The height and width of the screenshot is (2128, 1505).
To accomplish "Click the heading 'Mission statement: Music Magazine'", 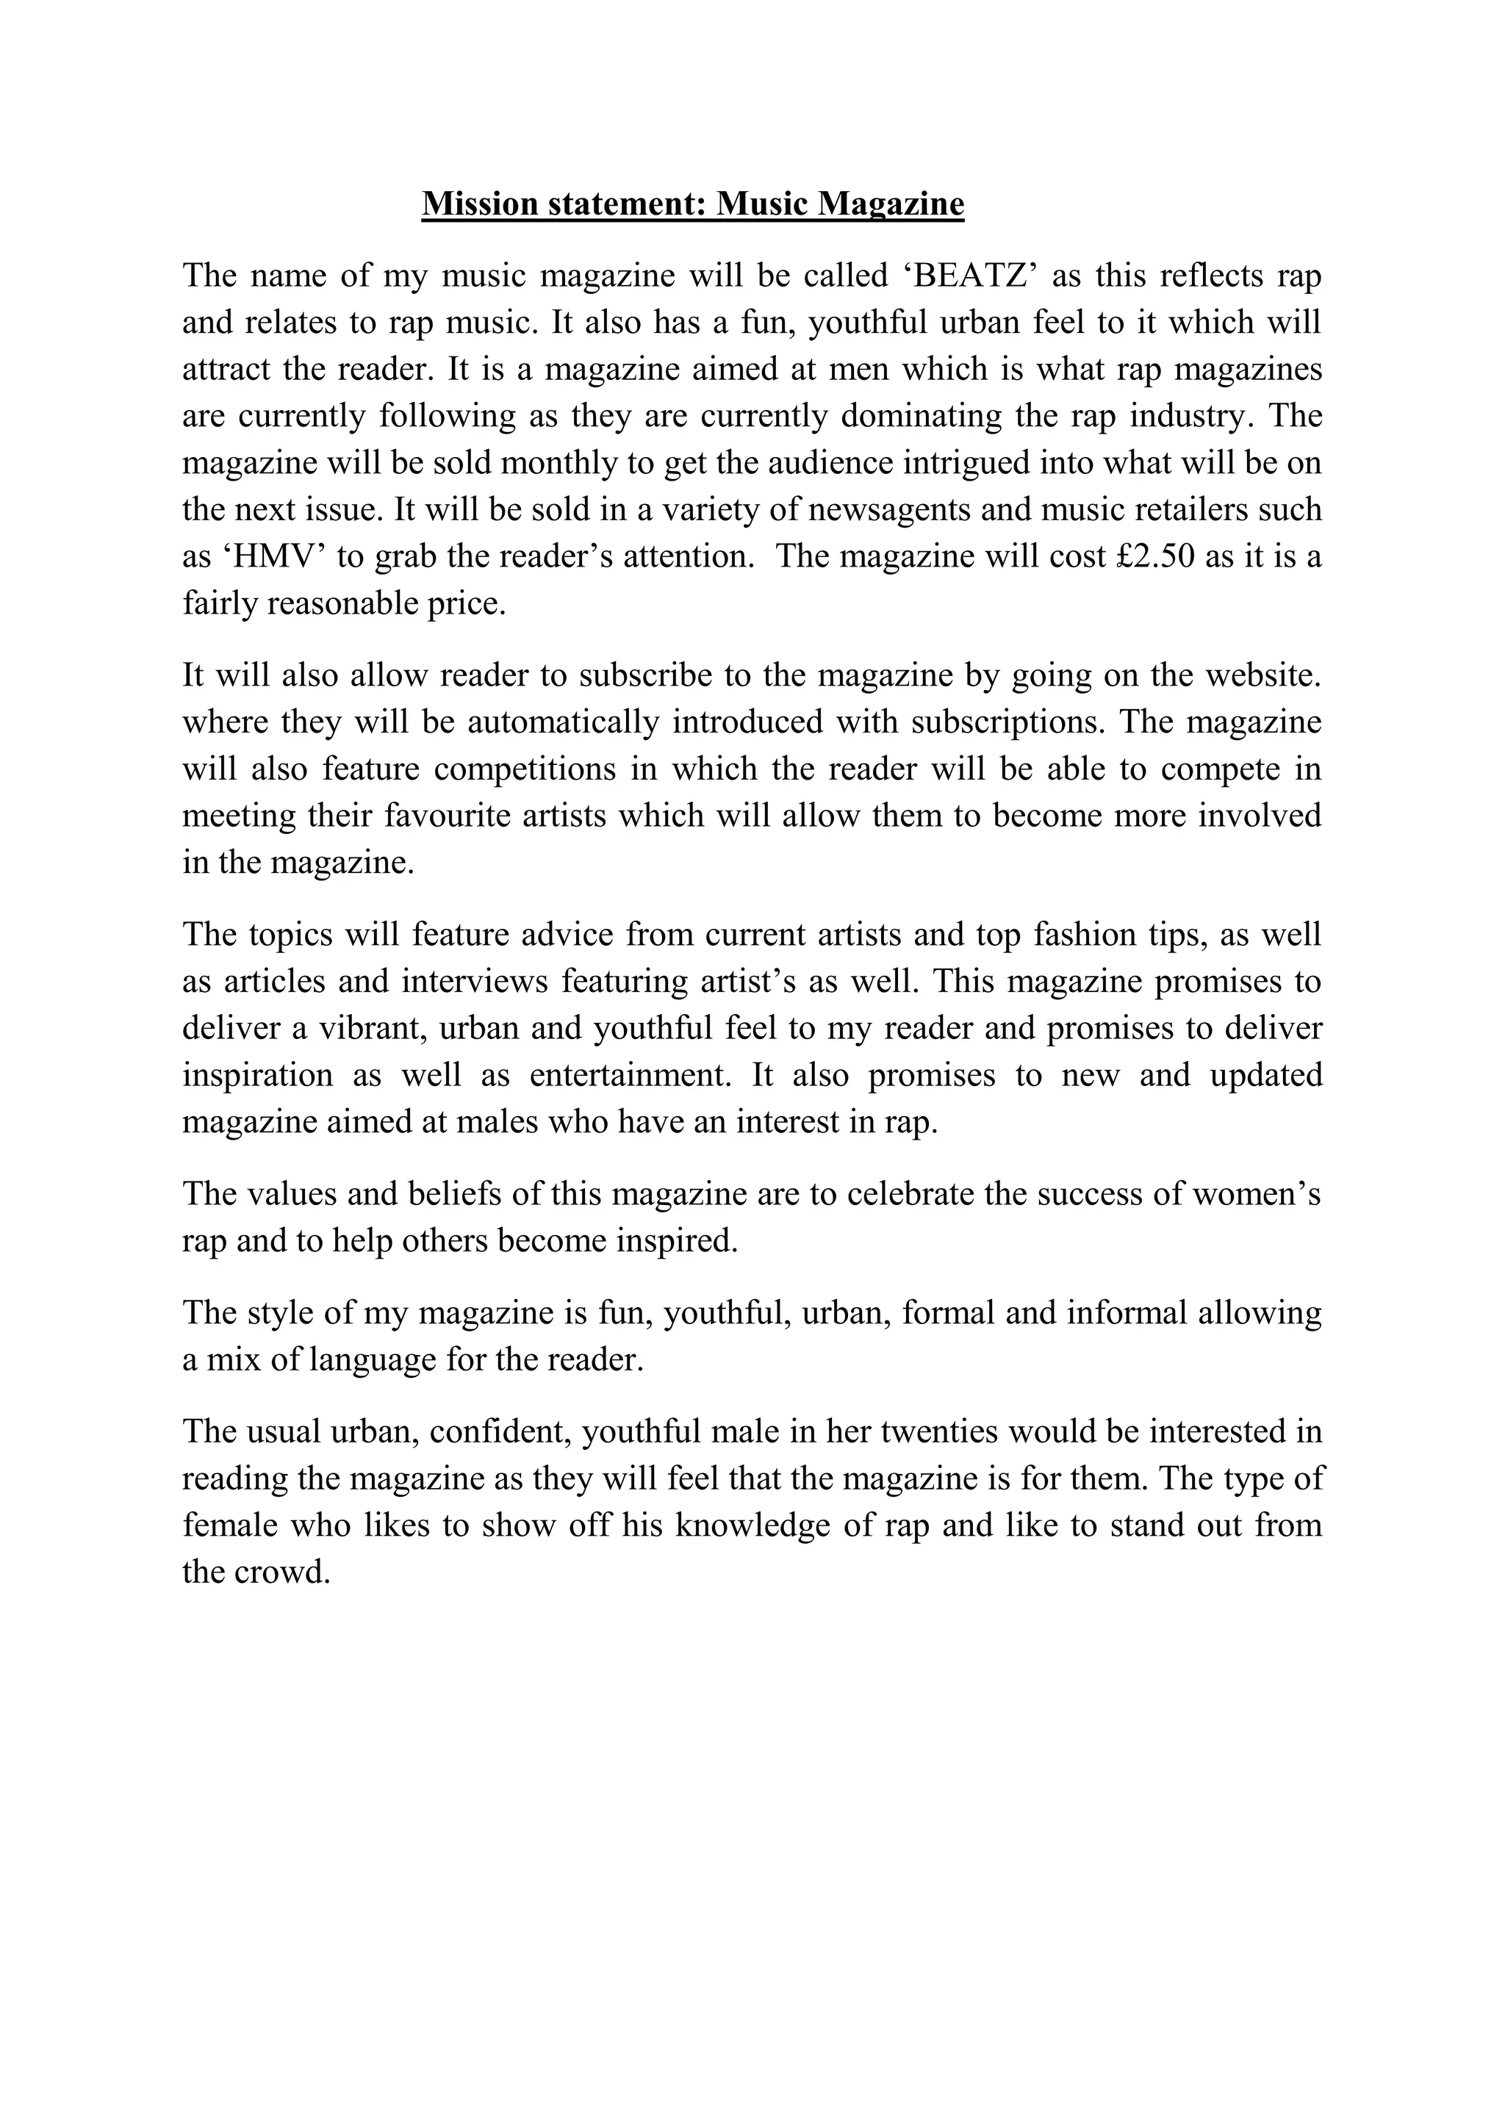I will pyautogui.click(x=692, y=203).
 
